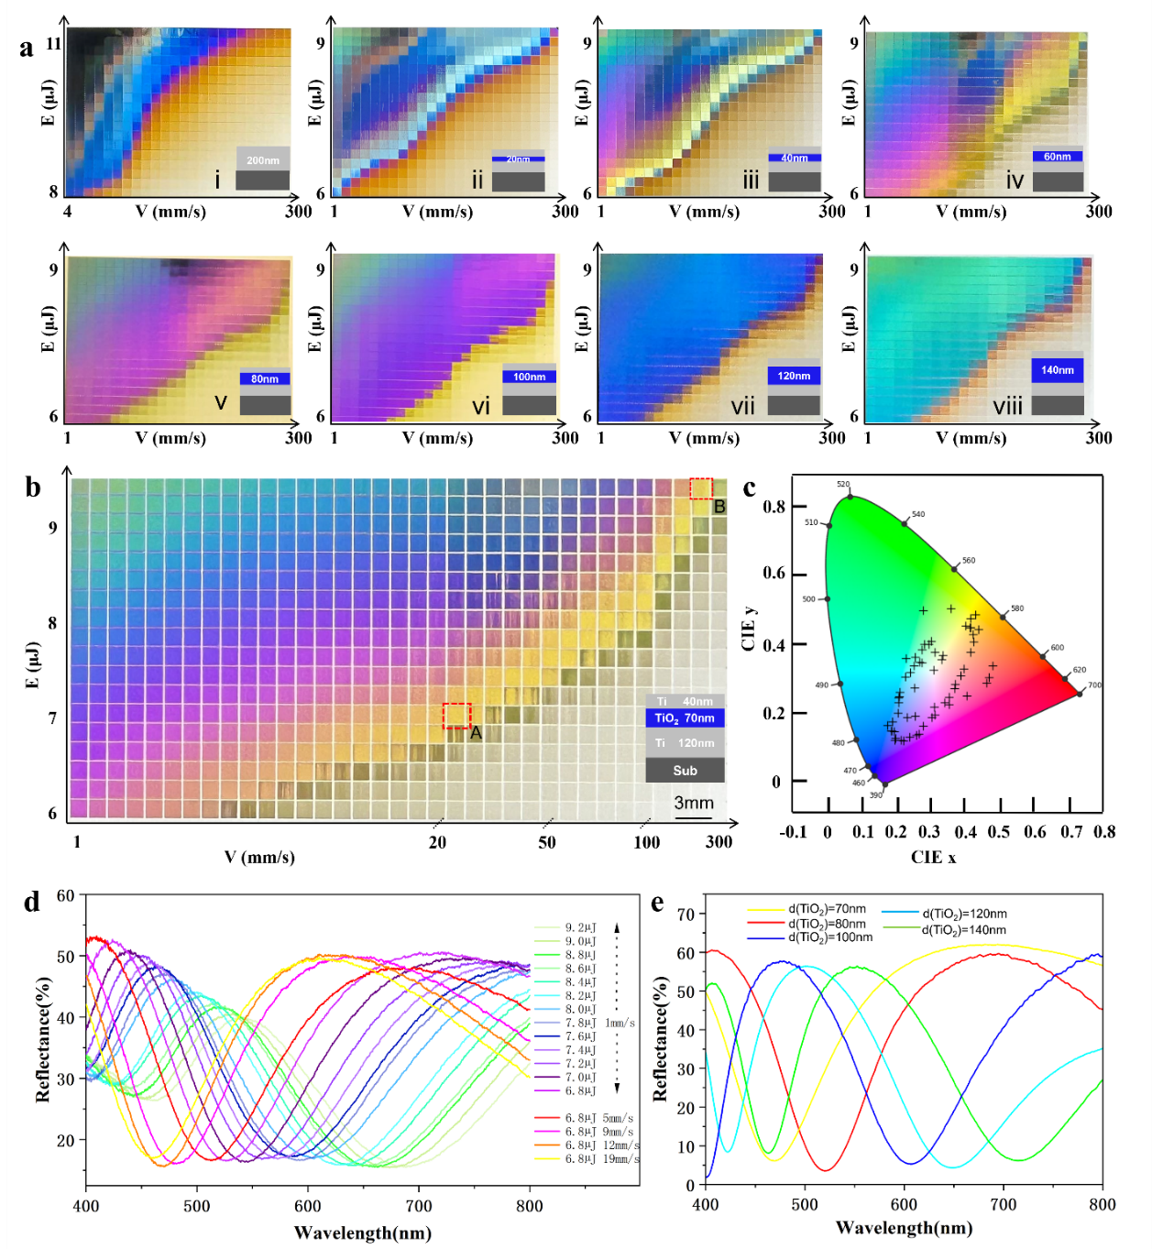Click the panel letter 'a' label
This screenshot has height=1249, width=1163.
tap(27, 48)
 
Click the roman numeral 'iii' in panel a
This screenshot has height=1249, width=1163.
tap(751, 180)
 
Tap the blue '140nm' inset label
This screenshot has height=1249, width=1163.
tap(1057, 370)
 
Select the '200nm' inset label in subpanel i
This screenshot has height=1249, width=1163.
tap(263, 160)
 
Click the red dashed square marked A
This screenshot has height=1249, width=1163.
tap(456, 716)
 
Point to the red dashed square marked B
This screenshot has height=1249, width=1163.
tap(701, 488)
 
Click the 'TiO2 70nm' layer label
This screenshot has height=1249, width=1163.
tap(685, 718)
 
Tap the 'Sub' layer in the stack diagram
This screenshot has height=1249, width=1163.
tap(685, 771)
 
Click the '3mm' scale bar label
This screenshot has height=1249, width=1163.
tap(694, 803)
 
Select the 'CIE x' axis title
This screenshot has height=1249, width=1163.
tap(933, 858)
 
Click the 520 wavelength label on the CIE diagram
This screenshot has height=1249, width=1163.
tap(843, 484)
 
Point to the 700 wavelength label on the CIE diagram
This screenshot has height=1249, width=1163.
tap(1094, 685)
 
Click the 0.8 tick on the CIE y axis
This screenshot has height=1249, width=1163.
tap(774, 507)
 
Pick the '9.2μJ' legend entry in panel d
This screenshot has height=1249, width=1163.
tap(580, 927)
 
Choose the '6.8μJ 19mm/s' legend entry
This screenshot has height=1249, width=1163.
tap(601, 1159)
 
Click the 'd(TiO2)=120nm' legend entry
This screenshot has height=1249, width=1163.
tap(963, 914)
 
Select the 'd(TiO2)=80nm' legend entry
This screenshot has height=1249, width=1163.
tap(826, 924)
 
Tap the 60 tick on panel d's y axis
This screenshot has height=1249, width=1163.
tap(65, 895)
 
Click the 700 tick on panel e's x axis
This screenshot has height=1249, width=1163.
tap(1003, 1204)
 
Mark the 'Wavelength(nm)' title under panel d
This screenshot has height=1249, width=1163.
tap(362, 1233)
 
